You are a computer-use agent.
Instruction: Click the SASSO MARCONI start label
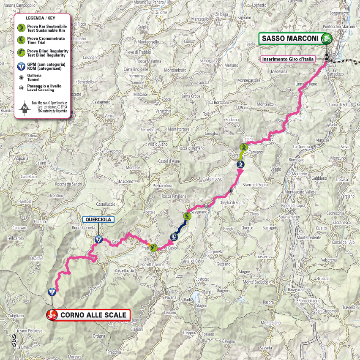click(289, 39)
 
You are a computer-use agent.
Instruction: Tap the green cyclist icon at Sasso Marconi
click(326, 39)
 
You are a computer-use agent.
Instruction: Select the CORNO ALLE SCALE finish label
click(93, 315)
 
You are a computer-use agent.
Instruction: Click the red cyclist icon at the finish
click(52, 315)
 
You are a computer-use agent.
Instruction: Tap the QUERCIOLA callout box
click(98, 219)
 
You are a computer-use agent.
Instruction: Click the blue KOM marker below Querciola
click(98, 240)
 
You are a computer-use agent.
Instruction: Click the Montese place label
click(132, 168)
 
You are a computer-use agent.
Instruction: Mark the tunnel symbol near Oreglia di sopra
click(231, 191)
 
